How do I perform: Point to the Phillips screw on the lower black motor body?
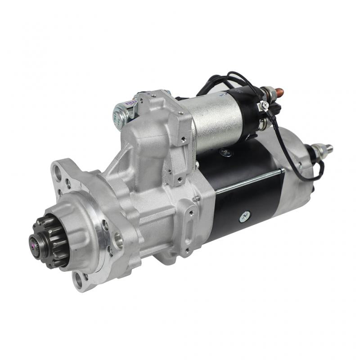pyautogui.click(x=246, y=216)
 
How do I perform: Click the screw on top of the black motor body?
pyautogui.click(x=225, y=153)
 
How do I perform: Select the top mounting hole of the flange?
pyautogui.click(x=57, y=171)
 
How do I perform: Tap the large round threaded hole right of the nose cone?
pyautogui.click(x=118, y=241)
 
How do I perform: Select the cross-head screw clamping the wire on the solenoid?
pyautogui.click(x=265, y=105)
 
